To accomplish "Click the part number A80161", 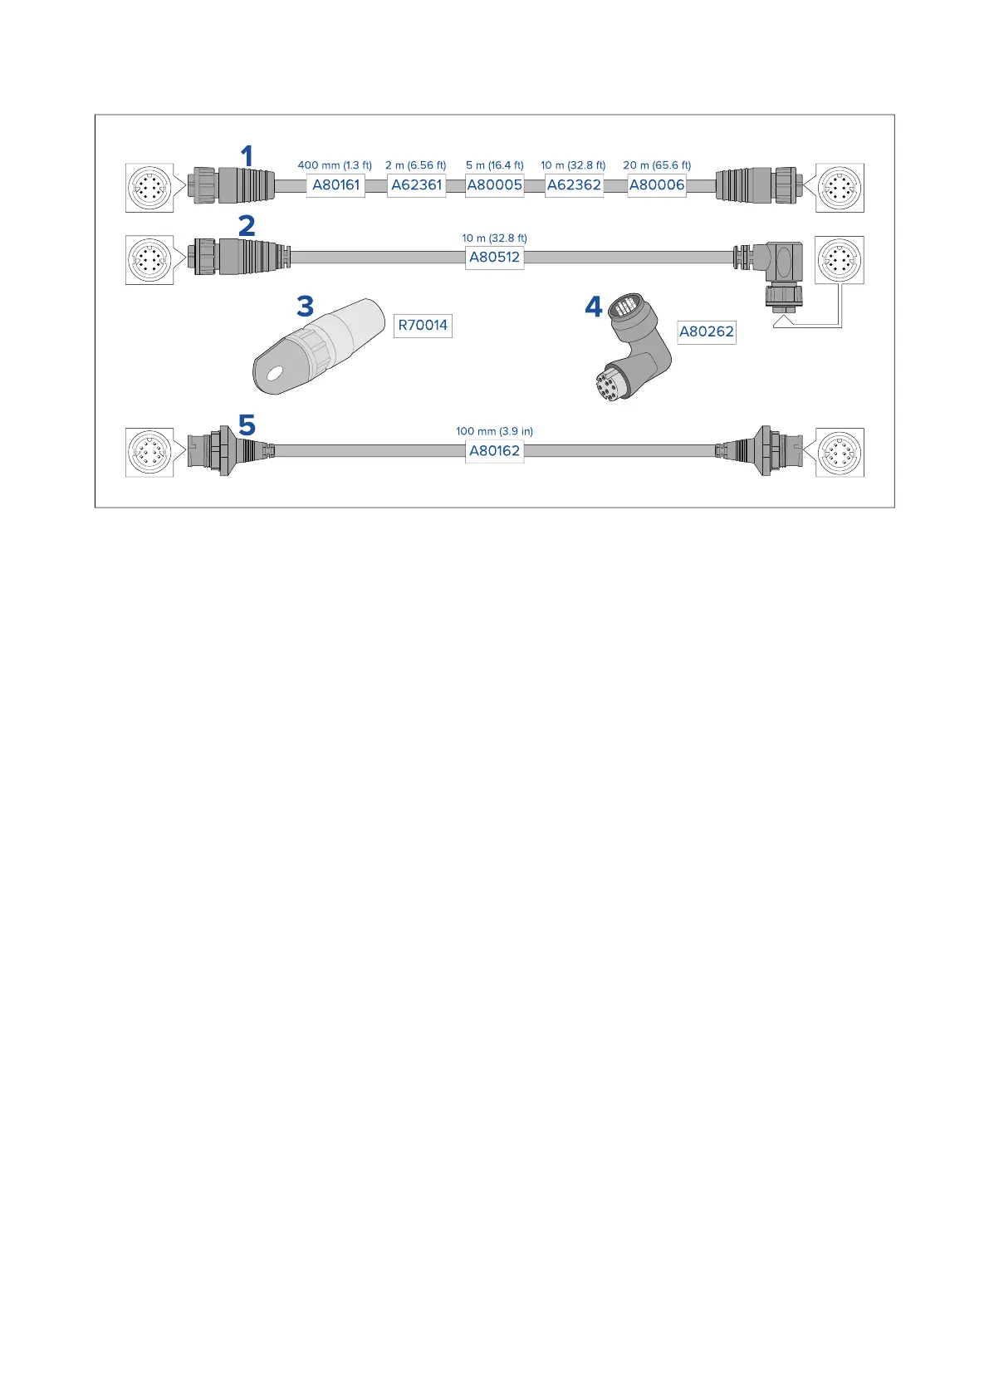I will click(x=335, y=185).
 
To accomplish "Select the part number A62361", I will click(x=416, y=185).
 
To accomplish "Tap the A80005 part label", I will click(x=494, y=185).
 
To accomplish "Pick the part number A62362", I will click(x=574, y=185).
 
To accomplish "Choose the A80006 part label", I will click(x=656, y=185).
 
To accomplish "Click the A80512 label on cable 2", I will click(x=494, y=258).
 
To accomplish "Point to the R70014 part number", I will click(x=423, y=326).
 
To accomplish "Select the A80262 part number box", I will click(x=706, y=332).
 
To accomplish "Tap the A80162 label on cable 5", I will click(x=494, y=451).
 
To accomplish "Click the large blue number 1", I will click(x=247, y=156).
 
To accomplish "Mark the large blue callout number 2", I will click(x=247, y=226).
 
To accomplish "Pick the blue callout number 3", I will click(x=306, y=307).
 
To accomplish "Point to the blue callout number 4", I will click(x=593, y=307).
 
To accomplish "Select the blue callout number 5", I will click(x=247, y=426).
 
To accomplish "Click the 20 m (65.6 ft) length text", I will click(x=657, y=165).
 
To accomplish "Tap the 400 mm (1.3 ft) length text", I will click(x=335, y=165).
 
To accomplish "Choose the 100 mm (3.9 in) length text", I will click(x=494, y=431).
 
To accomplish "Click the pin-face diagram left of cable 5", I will click(x=149, y=453).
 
